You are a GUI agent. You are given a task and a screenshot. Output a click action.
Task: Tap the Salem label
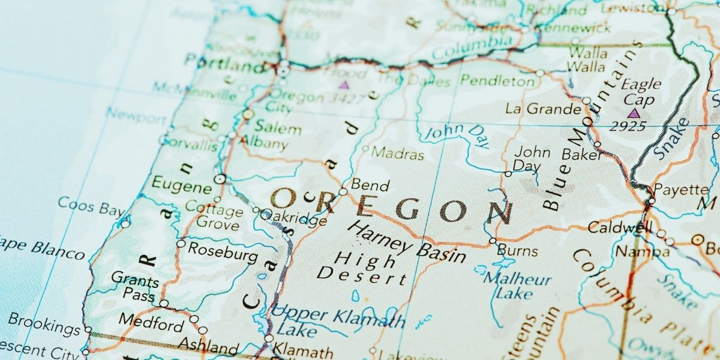click(278, 128)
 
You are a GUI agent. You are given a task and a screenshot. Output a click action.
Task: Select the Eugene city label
click(181, 184)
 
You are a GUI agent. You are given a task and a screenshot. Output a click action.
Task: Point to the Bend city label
click(370, 185)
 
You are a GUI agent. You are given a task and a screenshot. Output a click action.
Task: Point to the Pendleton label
click(497, 81)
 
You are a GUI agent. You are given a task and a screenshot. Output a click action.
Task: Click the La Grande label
click(543, 109)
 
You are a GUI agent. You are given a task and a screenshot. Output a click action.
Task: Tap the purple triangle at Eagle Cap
click(633, 113)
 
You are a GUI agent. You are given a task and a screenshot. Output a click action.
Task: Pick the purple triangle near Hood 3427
click(344, 85)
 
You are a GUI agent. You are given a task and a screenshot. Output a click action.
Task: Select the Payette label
click(680, 190)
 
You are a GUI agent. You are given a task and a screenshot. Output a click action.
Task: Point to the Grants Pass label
click(135, 287)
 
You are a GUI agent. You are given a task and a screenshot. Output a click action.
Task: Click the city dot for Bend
click(343, 192)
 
